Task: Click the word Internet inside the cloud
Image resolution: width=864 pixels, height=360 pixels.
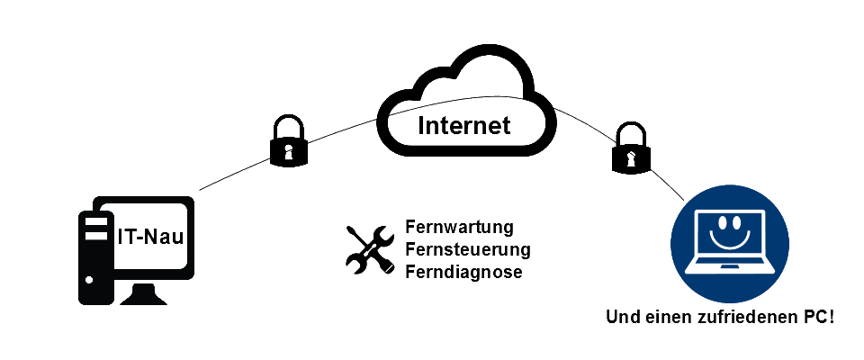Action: coord(464,125)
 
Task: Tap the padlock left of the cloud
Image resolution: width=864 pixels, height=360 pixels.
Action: coord(288,142)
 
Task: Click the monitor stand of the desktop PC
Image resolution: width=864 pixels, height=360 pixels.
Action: coord(144,293)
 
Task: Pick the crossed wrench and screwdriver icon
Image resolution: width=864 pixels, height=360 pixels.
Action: coord(369,248)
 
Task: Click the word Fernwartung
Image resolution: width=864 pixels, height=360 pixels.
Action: coord(459,226)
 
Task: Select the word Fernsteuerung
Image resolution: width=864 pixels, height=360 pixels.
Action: coord(468,248)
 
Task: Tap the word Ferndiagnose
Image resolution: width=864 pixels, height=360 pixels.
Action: coord(463,271)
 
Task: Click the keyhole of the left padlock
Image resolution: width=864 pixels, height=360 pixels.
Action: coord(288,149)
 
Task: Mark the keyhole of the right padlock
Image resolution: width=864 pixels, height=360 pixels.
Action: coord(631,157)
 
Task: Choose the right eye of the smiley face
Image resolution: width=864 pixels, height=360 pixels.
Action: coord(742,221)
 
